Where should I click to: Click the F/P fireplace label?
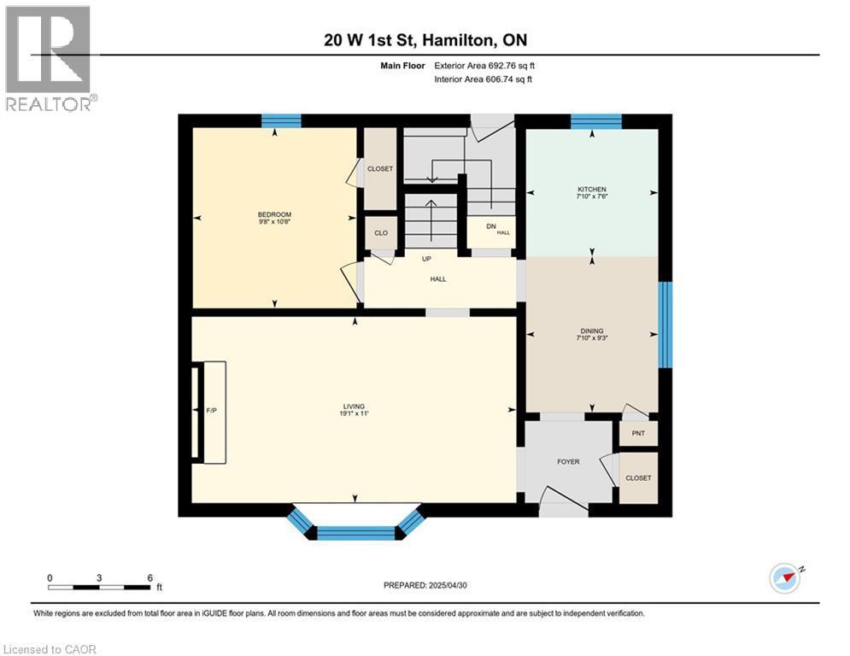(212, 412)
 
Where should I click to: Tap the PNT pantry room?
(638, 433)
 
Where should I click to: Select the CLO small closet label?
(381, 232)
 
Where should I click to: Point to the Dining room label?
(591, 331)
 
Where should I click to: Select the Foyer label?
(568, 462)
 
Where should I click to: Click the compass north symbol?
(785, 578)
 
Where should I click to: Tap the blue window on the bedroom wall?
(281, 120)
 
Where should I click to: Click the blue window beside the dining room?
(665, 325)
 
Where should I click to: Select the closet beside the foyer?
(638, 478)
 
